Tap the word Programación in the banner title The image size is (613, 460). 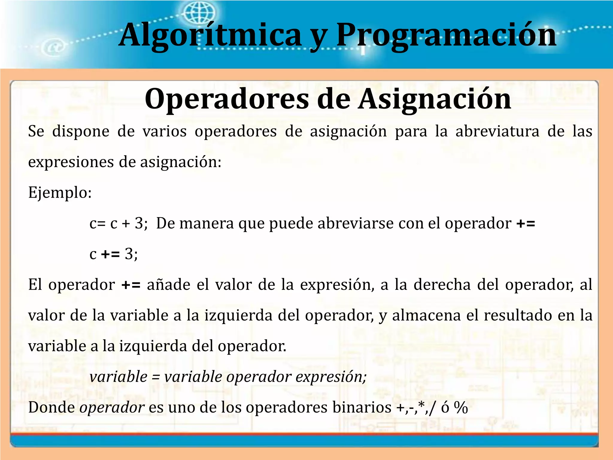(x=446, y=35)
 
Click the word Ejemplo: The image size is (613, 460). (x=60, y=193)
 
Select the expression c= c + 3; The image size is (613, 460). (x=119, y=223)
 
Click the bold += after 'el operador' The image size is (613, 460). (x=526, y=223)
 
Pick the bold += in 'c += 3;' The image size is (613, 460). (x=110, y=254)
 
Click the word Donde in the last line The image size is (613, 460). (x=51, y=408)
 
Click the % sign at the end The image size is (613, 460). (x=461, y=408)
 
